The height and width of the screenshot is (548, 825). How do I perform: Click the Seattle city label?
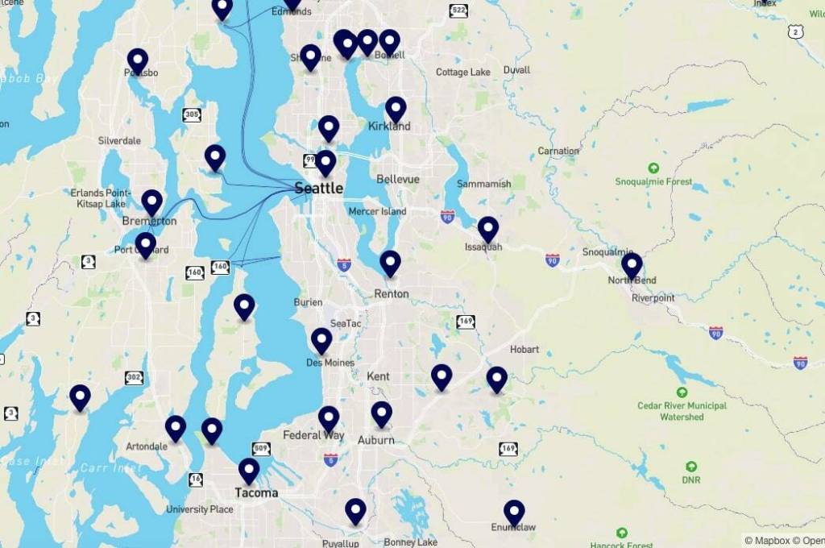(x=318, y=189)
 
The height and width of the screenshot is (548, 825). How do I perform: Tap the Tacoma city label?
(x=256, y=492)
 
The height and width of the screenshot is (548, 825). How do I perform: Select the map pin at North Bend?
(x=632, y=265)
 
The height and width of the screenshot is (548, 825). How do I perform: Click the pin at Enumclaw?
(x=514, y=513)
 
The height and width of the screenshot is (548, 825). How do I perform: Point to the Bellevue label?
(x=398, y=179)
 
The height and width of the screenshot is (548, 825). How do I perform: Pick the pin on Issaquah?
(x=488, y=230)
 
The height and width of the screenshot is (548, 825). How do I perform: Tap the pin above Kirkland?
(x=396, y=109)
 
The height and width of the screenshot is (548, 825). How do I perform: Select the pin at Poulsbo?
(x=138, y=61)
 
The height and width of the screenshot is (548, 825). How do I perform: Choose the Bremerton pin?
(x=152, y=202)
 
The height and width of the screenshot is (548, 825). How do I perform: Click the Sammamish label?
(x=483, y=184)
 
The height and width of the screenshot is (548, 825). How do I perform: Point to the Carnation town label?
(x=558, y=151)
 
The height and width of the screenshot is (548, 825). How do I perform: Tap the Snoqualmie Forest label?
(x=653, y=181)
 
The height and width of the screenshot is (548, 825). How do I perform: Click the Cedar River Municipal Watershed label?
(x=682, y=411)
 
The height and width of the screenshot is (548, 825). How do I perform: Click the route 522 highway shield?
(x=458, y=10)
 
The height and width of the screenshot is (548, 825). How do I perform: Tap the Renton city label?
(x=392, y=294)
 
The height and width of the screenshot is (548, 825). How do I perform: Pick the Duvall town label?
(x=516, y=70)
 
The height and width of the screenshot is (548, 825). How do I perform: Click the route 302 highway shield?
(x=135, y=377)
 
